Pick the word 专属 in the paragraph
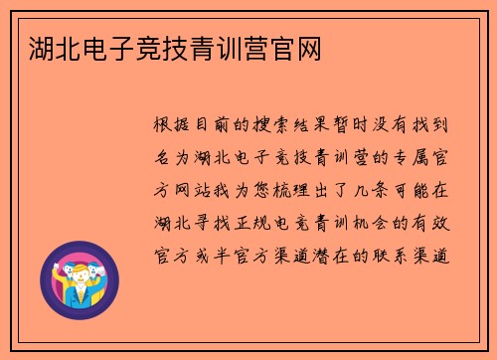[x=407, y=156]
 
